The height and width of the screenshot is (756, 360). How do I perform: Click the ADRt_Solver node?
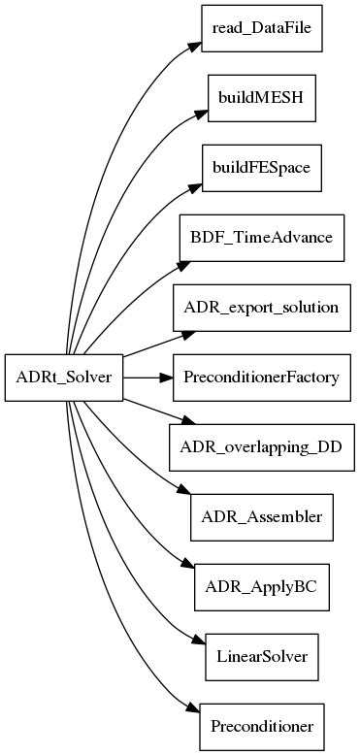coord(65,378)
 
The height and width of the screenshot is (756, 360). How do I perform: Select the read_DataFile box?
coord(260,29)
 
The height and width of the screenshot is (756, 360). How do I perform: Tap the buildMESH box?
coord(260,98)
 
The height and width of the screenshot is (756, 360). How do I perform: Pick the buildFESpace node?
coord(260,168)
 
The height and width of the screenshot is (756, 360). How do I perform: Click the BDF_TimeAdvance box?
coord(260,238)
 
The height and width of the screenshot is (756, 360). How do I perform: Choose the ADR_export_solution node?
coord(260,308)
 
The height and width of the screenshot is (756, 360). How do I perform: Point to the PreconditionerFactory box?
coord(260,378)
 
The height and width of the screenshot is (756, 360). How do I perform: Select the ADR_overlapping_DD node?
coord(260,447)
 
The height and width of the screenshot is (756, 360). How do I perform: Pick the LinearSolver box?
coord(260,657)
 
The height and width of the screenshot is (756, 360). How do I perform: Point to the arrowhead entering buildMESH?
coord(198,112)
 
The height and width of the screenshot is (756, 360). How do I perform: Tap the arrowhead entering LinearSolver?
coord(196,645)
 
